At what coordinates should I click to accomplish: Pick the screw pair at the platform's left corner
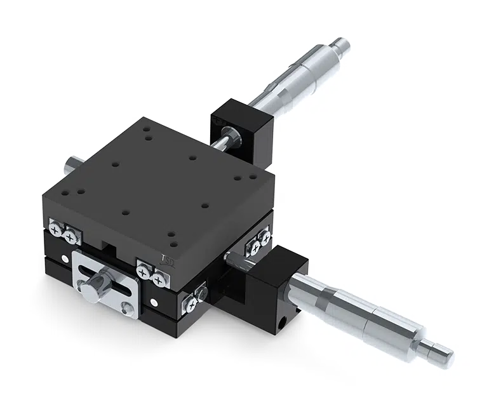click(64, 232)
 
